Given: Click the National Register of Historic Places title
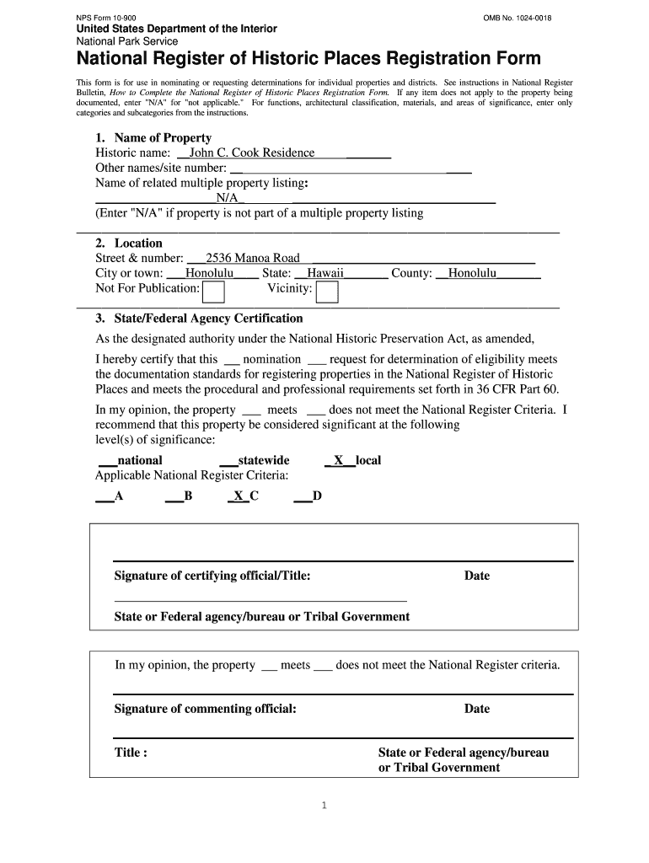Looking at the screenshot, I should point(308,59).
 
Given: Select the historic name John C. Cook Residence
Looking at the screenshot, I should point(251,153).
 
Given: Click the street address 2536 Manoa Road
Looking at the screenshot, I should point(253,258).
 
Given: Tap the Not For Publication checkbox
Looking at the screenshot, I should point(214,292).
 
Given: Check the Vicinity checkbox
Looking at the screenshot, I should point(326,292).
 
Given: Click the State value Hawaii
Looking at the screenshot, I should point(324,273).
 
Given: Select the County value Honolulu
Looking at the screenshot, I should point(472,273).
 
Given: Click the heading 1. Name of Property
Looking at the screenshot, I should point(153,137).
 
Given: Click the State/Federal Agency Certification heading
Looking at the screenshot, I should point(199,319).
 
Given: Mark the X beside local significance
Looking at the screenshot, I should point(338,460).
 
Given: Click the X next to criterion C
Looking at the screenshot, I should point(239,496).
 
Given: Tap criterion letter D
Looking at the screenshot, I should point(317,496).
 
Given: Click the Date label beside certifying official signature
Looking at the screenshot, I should point(476,576).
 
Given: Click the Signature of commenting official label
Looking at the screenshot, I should point(205,709).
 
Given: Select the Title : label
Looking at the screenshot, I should point(131,752).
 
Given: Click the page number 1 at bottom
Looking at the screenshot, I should point(324,805).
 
